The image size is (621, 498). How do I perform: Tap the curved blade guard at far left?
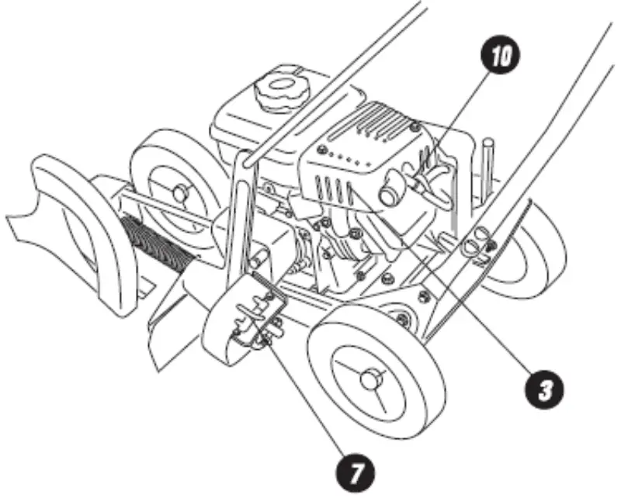(x=74, y=225)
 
